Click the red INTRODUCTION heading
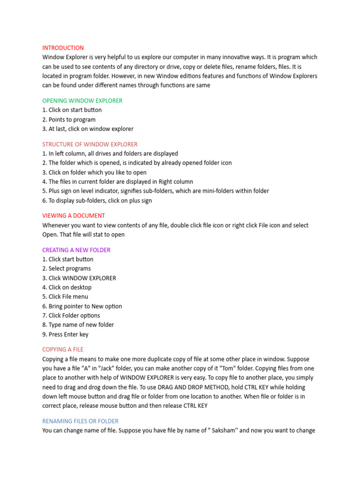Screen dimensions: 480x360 click(x=63, y=48)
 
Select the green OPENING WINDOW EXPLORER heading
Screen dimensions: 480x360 click(x=82, y=101)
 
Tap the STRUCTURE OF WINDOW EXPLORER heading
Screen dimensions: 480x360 click(x=90, y=144)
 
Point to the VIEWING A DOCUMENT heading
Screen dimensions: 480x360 click(x=74, y=216)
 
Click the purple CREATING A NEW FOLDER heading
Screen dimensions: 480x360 click(x=76, y=250)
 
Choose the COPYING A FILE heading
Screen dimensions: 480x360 click(x=63, y=349)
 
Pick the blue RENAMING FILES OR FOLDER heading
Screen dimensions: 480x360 click(x=80, y=421)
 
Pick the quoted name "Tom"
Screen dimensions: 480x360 click(x=201, y=368)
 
